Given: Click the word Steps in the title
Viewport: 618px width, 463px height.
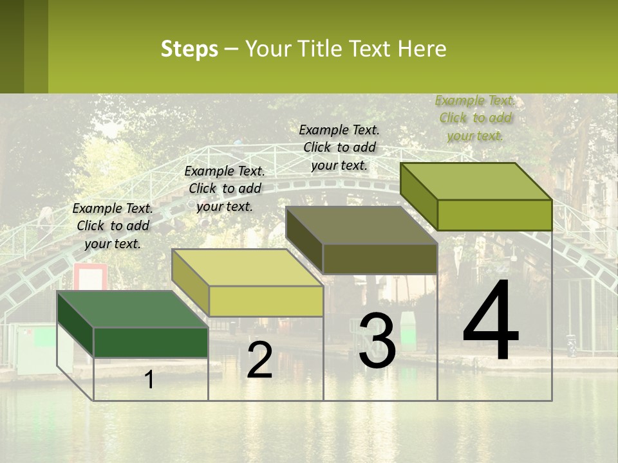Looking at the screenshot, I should [x=189, y=49].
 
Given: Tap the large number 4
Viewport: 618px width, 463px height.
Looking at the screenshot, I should [x=491, y=322].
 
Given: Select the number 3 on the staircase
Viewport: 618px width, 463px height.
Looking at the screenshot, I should [x=377, y=341].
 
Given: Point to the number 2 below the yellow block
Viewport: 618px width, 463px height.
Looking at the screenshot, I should [x=260, y=360].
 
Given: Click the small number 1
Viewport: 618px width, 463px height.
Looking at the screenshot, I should [x=149, y=380].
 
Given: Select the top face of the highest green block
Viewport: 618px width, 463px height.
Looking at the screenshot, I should [x=476, y=181].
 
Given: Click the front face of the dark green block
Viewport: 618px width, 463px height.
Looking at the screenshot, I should [x=151, y=342].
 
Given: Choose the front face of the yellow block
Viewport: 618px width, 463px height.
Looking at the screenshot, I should [x=266, y=301].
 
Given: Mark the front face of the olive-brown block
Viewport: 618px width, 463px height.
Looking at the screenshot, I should [x=380, y=259].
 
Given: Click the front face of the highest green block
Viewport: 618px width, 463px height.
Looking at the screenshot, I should [x=494, y=215].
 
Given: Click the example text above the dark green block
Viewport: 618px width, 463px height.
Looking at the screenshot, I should [x=113, y=226].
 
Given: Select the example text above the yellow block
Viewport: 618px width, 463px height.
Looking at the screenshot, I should [x=225, y=189].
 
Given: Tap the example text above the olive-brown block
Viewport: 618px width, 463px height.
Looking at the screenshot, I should [x=339, y=147].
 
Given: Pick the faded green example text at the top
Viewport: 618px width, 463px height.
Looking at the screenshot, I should [x=475, y=118].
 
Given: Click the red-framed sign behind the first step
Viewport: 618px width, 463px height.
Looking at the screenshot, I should [x=90, y=277].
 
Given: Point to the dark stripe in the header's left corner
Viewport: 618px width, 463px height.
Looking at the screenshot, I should [x=12, y=46].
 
